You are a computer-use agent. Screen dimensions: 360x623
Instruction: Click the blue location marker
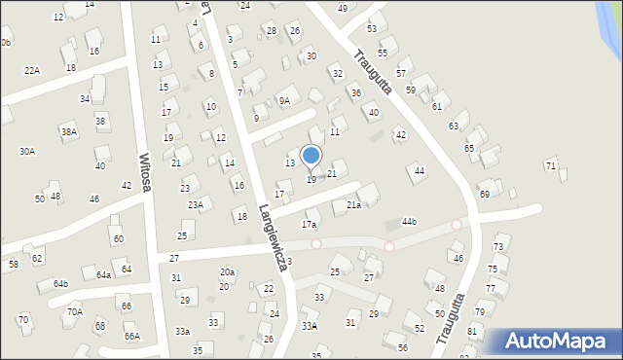311,155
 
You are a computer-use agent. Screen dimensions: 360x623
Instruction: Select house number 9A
284,100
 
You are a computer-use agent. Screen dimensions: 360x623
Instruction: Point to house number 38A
68,131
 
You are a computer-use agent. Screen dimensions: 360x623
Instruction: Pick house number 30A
27,151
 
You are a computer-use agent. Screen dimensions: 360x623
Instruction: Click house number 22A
32,70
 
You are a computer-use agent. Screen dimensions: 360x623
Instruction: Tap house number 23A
196,204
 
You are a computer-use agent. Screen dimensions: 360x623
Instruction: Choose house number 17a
309,224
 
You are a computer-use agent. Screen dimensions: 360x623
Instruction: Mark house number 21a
353,204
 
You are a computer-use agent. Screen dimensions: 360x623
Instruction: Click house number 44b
409,222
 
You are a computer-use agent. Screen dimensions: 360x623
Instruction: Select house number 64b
60,283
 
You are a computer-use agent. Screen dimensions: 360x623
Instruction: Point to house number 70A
75,312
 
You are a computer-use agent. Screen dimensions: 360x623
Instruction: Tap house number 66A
131,336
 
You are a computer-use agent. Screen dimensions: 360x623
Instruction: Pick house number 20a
227,271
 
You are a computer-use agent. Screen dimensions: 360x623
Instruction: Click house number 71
551,166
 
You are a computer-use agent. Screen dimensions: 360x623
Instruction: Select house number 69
484,194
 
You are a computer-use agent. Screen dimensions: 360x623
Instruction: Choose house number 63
454,126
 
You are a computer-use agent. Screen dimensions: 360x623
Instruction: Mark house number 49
342,8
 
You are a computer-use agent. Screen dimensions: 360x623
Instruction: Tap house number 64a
103,274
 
